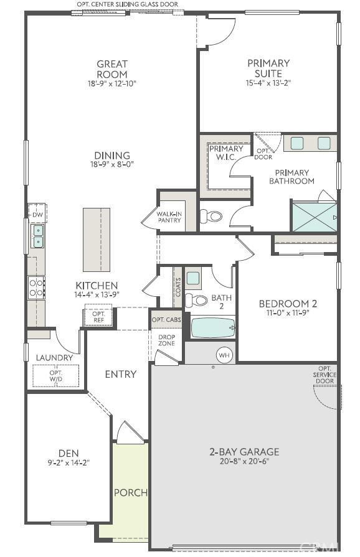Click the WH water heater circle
[224, 355]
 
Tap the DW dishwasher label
[37, 215]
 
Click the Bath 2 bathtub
[213, 327]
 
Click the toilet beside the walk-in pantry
[212, 217]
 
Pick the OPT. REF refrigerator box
[98, 316]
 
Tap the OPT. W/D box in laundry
[56, 376]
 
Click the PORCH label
[131, 492]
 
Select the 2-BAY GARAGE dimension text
[244, 462]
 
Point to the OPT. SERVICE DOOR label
[324, 375]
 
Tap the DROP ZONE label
[166, 340]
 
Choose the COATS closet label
[178, 287]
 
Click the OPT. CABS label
[166, 319]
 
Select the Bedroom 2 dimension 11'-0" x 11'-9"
[288, 313]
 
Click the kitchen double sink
[37, 236]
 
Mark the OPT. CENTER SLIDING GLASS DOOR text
[127, 4]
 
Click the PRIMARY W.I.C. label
[226, 153]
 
